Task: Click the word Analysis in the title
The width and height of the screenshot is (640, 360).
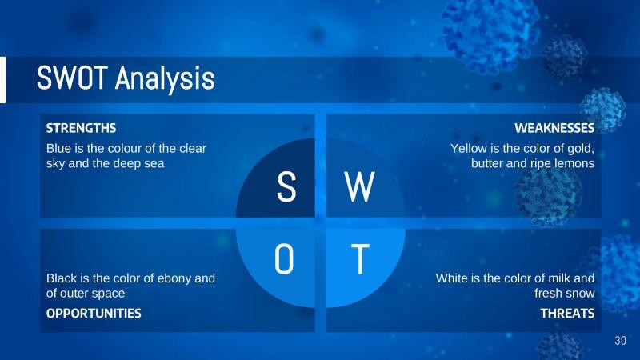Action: click(165, 79)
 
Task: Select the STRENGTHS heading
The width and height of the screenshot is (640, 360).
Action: click(82, 128)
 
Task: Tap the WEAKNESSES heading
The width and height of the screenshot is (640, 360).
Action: click(554, 128)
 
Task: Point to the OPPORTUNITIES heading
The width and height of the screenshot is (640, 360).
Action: click(94, 314)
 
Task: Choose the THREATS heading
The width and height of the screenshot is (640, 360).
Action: click(567, 314)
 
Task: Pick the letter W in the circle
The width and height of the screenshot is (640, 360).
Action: click(359, 188)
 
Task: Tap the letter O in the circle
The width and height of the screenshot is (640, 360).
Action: click(285, 258)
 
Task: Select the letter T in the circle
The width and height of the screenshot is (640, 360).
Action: click(361, 258)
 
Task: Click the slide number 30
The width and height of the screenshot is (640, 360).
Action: click(620, 342)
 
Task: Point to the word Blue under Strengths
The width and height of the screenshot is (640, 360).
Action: click(59, 149)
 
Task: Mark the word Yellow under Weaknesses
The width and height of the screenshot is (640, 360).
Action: click(470, 149)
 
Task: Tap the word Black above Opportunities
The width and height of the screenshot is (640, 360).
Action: click(62, 278)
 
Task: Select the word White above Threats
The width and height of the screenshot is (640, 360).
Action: click(454, 278)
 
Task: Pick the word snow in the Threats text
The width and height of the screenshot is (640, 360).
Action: click(582, 293)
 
